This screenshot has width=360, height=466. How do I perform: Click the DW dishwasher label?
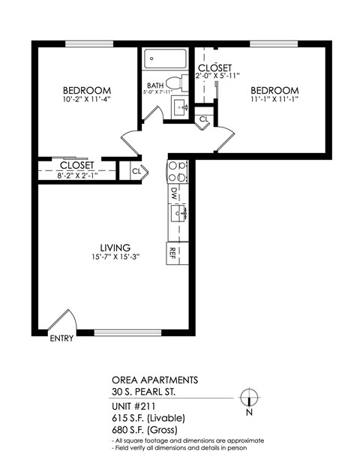click(174, 194)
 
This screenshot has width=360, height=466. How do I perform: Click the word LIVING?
click(116, 247)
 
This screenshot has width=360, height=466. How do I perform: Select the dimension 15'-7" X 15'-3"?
click(115, 257)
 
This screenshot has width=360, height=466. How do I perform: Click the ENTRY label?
click(61, 338)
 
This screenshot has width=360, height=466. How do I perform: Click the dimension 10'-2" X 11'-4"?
click(87, 98)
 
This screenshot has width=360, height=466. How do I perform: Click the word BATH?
click(155, 86)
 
